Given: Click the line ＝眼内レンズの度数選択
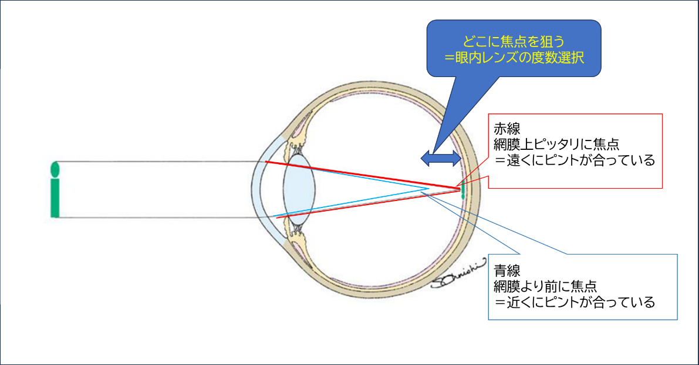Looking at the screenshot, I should pyautogui.click(x=514, y=58).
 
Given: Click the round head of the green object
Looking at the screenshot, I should pyautogui.click(x=55, y=169).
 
